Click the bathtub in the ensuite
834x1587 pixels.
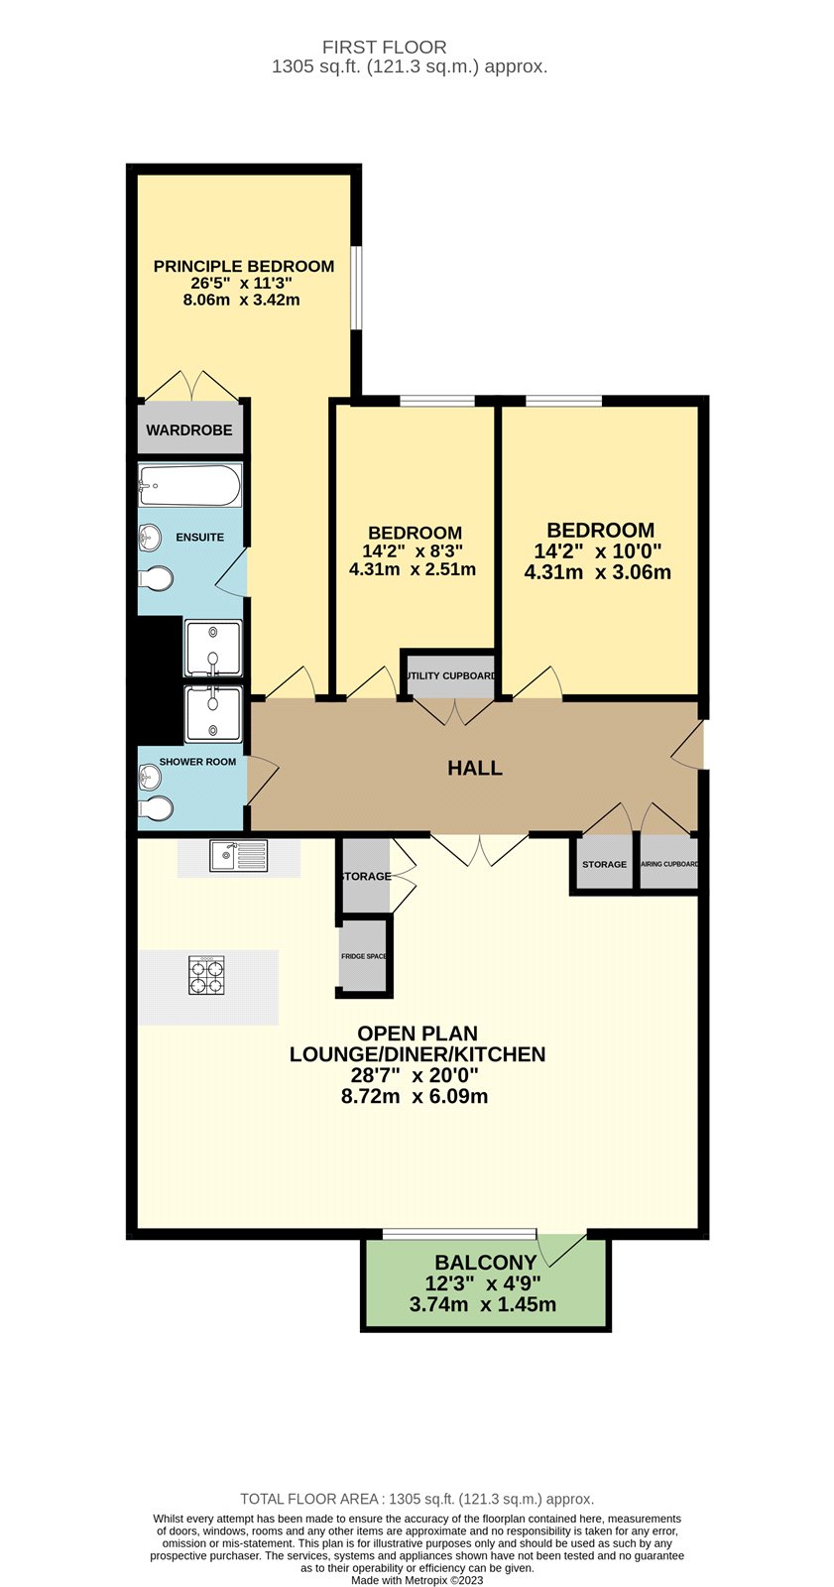tap(189, 486)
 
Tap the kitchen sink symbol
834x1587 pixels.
tap(238, 856)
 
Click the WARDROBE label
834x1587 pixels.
tap(189, 430)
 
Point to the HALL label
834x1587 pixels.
tap(475, 769)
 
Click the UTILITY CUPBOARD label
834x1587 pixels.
tap(451, 675)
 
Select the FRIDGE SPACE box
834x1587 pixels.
tap(365, 956)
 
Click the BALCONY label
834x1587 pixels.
tap(486, 1263)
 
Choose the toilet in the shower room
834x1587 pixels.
tap(157, 810)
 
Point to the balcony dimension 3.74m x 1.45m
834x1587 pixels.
tap(483, 1304)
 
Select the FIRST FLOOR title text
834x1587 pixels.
tap(385, 47)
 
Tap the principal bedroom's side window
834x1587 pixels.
tap(357, 288)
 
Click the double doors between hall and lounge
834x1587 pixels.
tap(480, 849)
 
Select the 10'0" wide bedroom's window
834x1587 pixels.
tap(563, 401)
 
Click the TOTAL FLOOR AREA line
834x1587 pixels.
tap(417, 1499)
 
